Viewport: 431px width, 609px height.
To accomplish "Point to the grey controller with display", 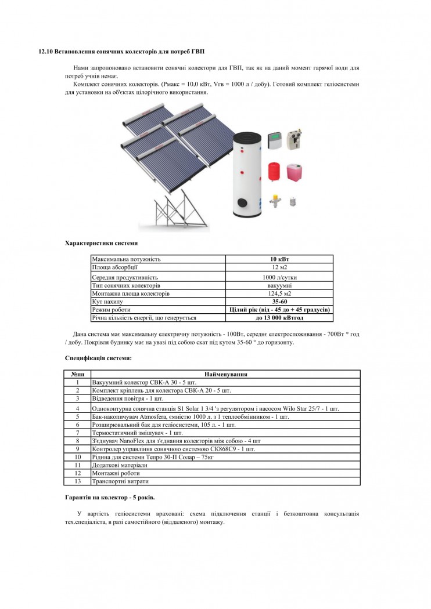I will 274,140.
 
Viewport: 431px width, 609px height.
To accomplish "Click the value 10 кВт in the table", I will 279,259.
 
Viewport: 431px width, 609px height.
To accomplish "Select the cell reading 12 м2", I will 279,268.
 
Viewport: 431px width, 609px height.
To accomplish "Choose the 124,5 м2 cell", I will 279,293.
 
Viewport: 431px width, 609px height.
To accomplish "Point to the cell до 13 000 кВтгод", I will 279,318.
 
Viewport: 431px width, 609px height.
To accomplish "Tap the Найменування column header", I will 226,374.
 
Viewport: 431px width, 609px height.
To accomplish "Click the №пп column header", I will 77,374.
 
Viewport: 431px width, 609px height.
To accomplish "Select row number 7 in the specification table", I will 77,433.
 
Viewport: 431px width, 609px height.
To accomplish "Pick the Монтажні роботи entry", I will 113,473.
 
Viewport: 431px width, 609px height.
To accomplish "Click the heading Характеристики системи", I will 101,242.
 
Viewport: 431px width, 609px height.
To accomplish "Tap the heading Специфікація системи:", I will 98,358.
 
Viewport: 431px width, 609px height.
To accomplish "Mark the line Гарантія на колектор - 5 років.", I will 110,498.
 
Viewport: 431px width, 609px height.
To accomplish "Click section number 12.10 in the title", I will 45,52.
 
